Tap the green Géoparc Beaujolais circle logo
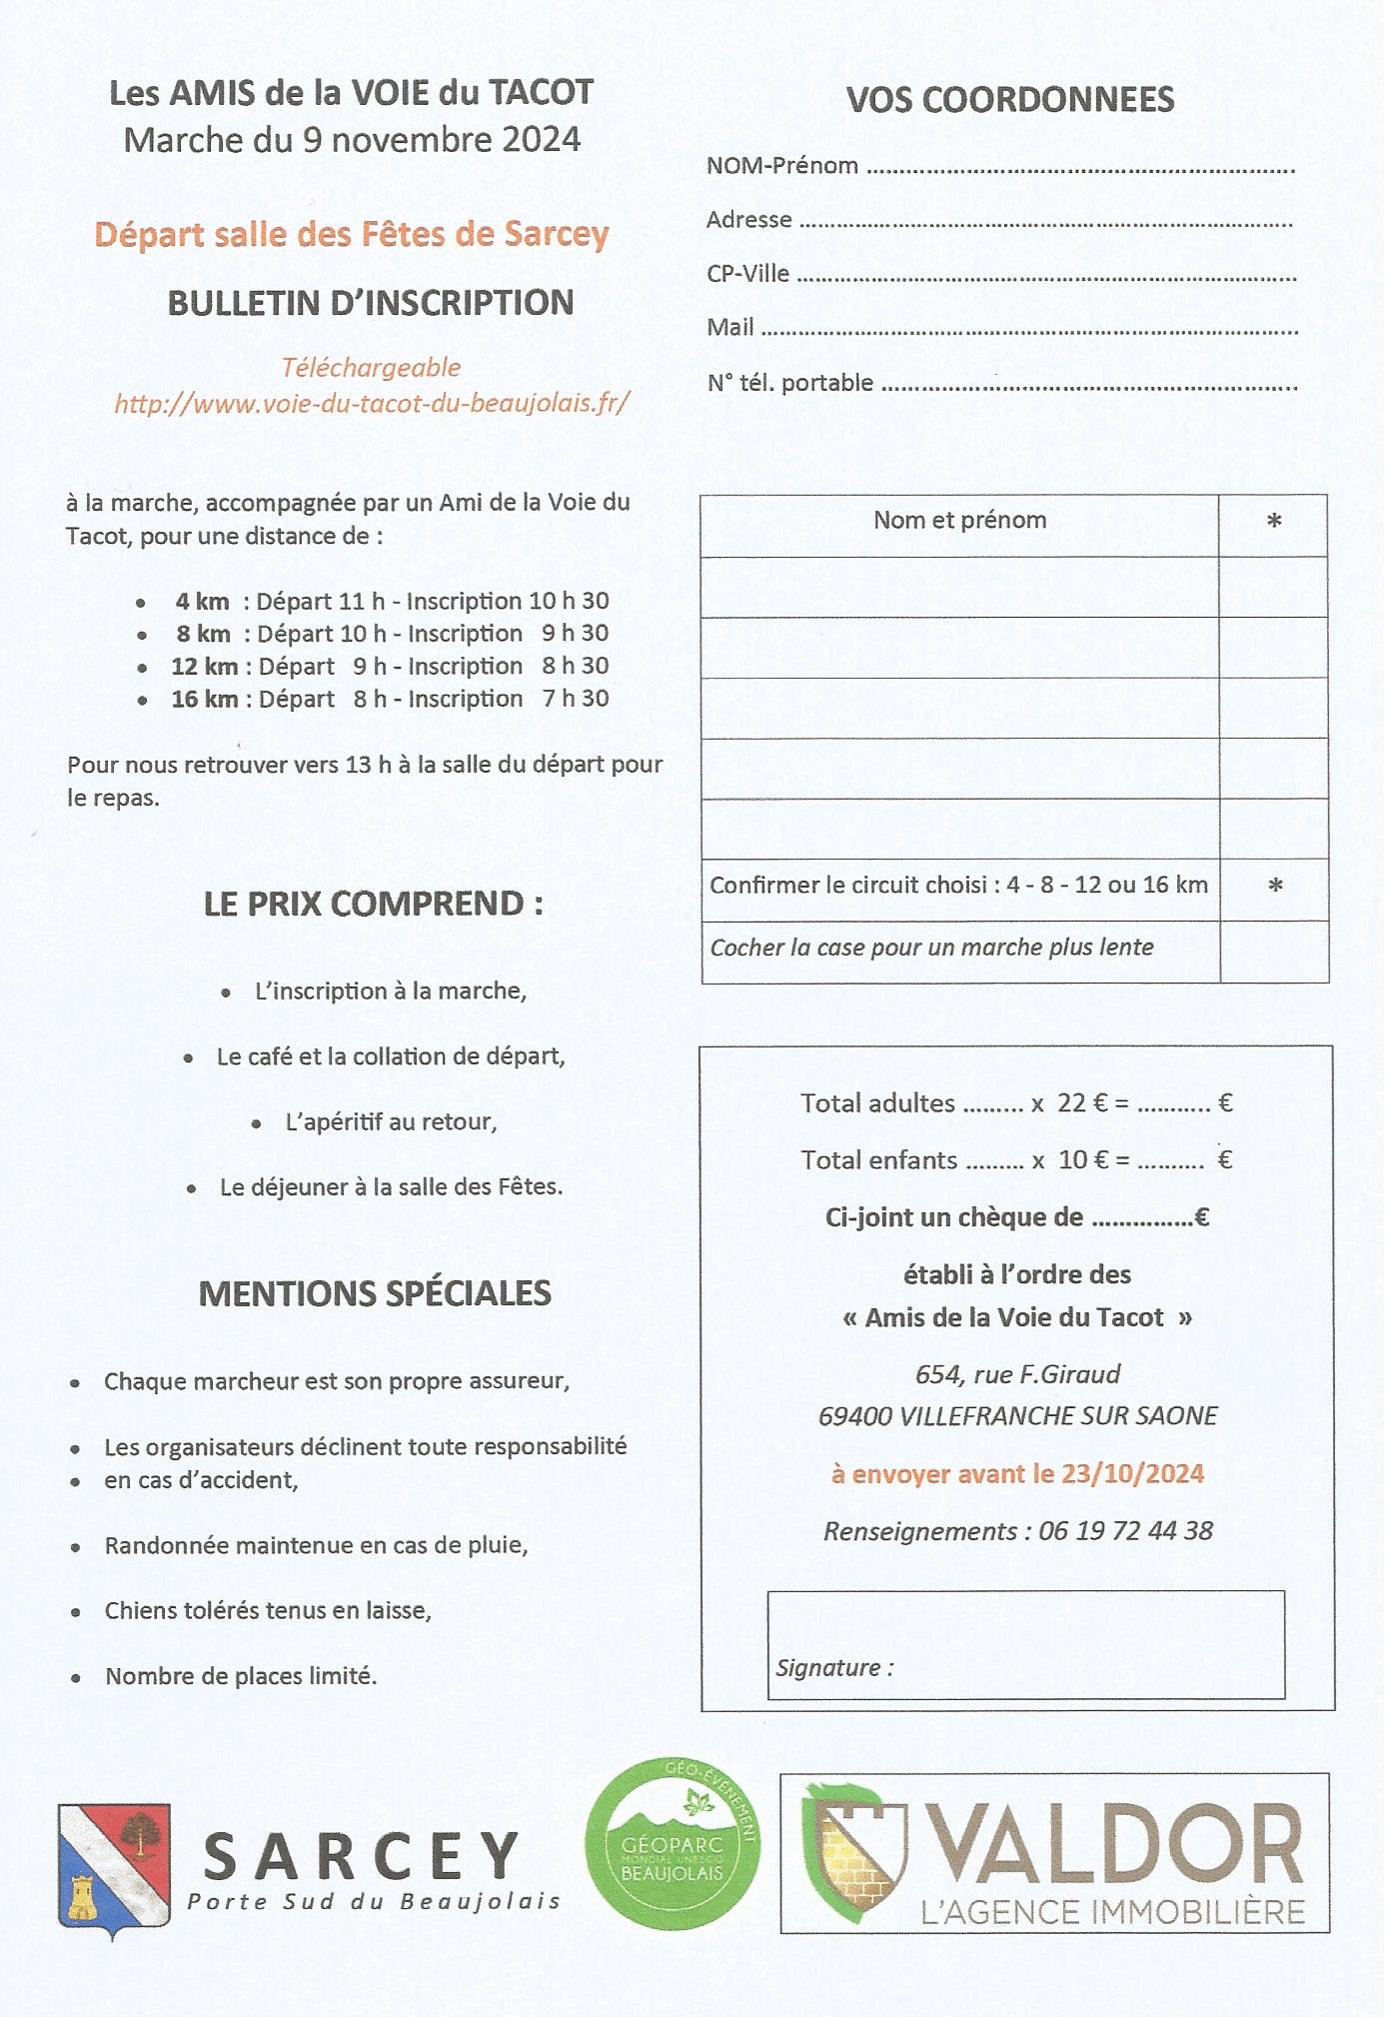point(673,1845)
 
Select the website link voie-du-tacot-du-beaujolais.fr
point(372,403)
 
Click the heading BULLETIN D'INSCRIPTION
point(371,303)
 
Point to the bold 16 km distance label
point(205,699)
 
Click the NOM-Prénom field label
point(781,166)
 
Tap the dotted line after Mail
point(1029,330)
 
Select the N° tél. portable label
point(789,383)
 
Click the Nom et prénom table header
point(959,520)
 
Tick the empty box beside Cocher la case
point(1274,952)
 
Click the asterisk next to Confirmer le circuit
point(1275,887)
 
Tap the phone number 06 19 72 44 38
point(1125,1531)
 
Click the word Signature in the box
point(828,1668)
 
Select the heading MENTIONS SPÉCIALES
point(375,1293)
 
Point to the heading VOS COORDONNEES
point(1010,100)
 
